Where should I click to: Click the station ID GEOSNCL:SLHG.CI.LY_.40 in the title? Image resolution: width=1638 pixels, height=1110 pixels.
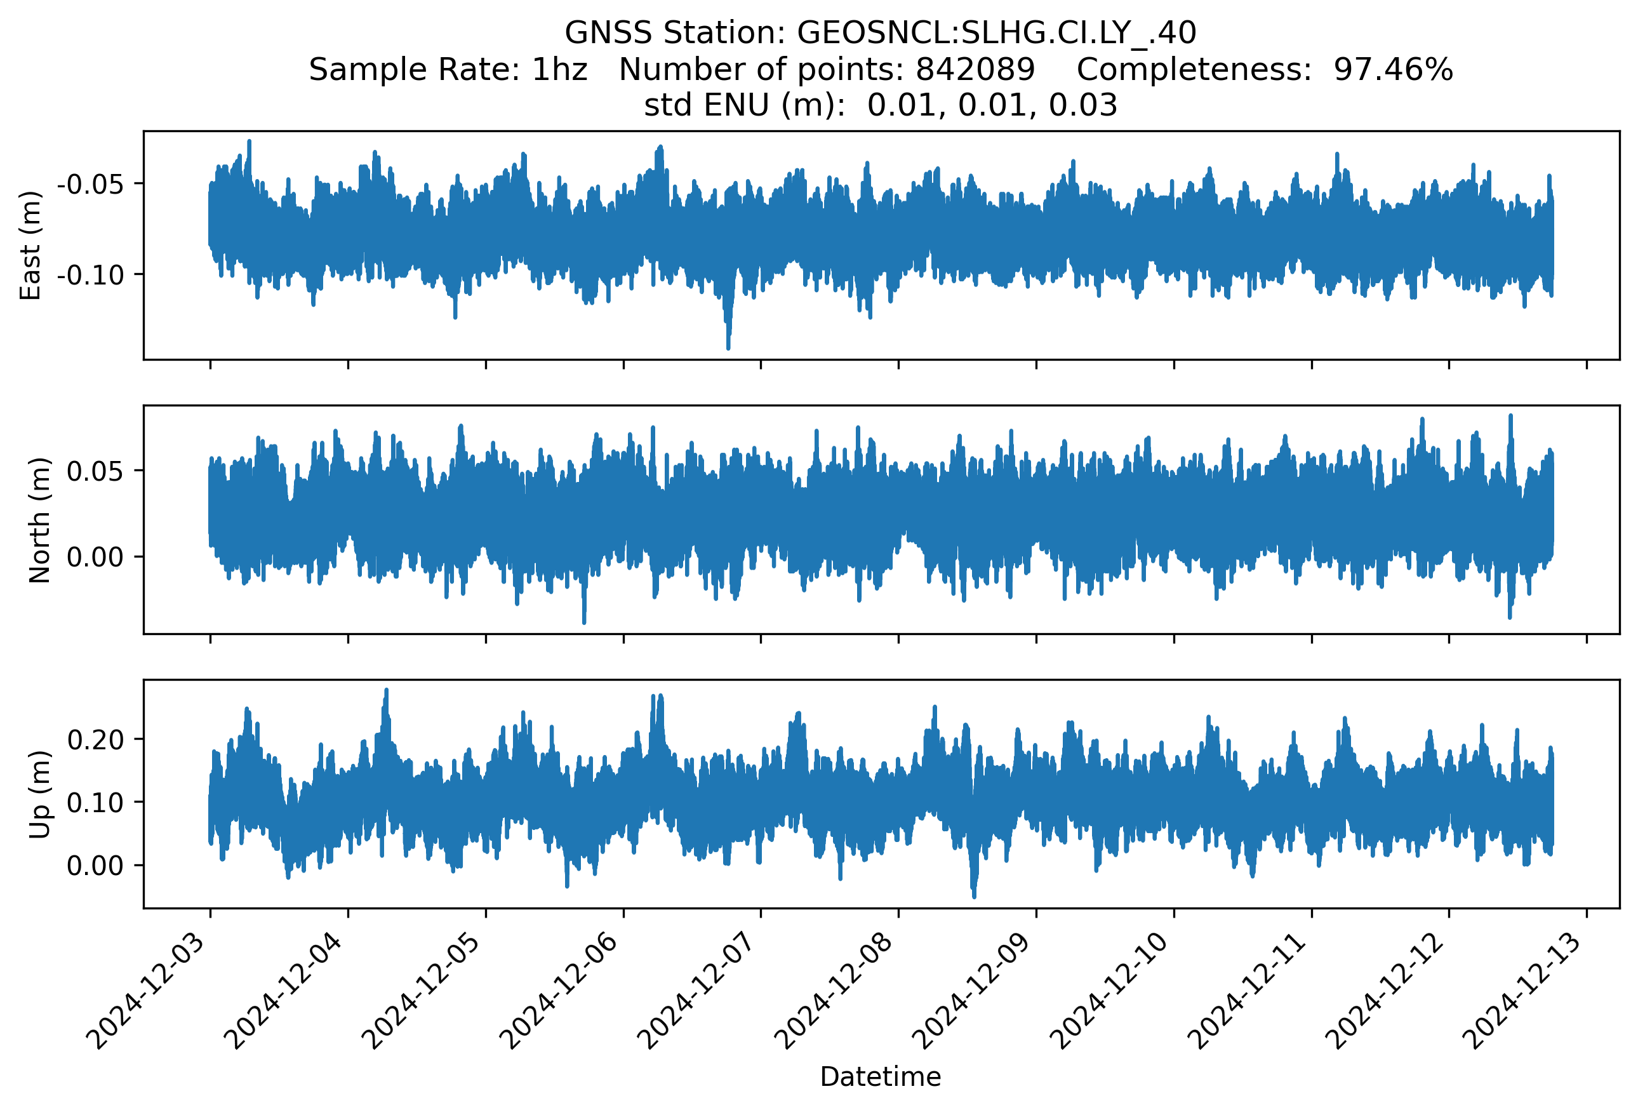click(x=996, y=32)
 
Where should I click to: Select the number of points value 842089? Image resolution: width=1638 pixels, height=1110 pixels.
click(x=975, y=69)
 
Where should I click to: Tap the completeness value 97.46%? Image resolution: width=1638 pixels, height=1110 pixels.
click(x=1393, y=69)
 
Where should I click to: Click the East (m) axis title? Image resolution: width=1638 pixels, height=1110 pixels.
click(x=30, y=245)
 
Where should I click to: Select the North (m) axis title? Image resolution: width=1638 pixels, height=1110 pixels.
click(x=39, y=520)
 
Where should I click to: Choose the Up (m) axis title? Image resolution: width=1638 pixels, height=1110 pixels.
click(x=39, y=794)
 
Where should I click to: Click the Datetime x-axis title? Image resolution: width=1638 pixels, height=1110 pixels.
click(x=881, y=1077)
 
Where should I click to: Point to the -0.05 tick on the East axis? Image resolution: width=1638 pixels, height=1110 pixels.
click(x=90, y=185)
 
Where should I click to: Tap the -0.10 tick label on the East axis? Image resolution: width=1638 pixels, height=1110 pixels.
click(x=90, y=275)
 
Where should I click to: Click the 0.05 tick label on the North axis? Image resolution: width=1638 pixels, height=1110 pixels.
click(x=95, y=471)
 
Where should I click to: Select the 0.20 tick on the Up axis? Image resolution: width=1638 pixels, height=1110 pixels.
click(x=95, y=739)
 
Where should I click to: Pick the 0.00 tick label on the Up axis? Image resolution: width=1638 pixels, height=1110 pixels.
click(x=95, y=866)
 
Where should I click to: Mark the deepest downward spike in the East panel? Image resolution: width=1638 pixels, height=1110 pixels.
click(x=728, y=347)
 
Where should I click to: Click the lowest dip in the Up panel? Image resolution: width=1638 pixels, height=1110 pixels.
click(x=974, y=897)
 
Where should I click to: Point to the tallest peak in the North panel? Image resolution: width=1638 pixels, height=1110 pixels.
click(x=1510, y=416)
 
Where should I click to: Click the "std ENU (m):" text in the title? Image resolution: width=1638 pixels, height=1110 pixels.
click(x=744, y=105)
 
